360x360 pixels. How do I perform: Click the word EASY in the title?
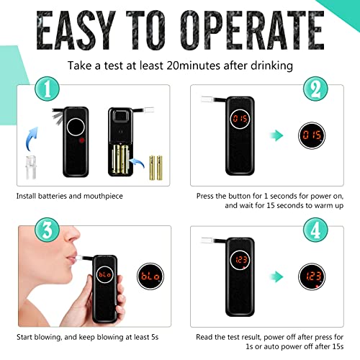pos(76,30)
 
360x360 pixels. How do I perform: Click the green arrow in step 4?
pos(276,276)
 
